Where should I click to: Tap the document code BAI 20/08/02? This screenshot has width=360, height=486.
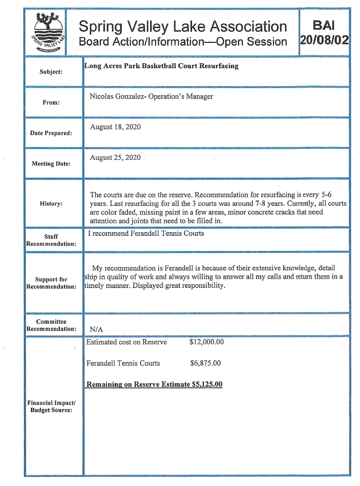(x=323, y=32)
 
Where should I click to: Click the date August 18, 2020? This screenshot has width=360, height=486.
(x=115, y=127)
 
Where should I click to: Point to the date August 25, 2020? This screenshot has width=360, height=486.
(x=115, y=158)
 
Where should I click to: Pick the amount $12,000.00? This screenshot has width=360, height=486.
(x=207, y=342)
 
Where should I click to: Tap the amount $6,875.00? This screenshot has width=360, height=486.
(x=205, y=363)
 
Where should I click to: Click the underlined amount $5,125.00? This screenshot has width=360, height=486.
(x=207, y=384)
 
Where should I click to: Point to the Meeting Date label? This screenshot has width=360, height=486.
(x=51, y=164)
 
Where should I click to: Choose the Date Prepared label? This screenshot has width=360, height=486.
(x=51, y=133)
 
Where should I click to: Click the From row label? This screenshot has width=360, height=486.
(x=51, y=102)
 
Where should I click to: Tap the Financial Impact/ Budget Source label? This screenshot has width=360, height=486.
(x=51, y=407)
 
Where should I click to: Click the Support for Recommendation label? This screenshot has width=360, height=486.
(x=51, y=283)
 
